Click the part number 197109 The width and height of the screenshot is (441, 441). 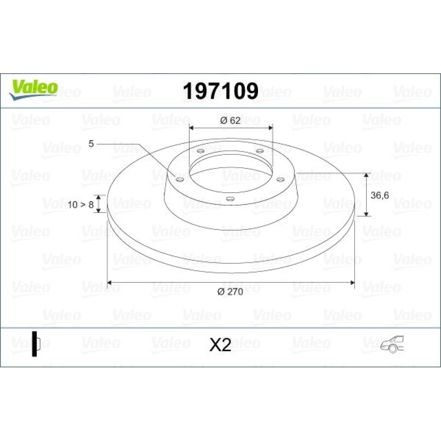tap(221, 91)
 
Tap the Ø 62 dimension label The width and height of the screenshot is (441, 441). tap(230, 120)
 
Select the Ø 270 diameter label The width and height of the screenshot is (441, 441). tap(230, 292)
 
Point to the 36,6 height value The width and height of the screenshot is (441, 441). tap(380, 195)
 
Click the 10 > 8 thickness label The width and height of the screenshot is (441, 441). tap(80, 205)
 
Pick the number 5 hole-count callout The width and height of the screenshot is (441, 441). tap(91, 144)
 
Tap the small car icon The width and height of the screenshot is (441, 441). tap(392, 344)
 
